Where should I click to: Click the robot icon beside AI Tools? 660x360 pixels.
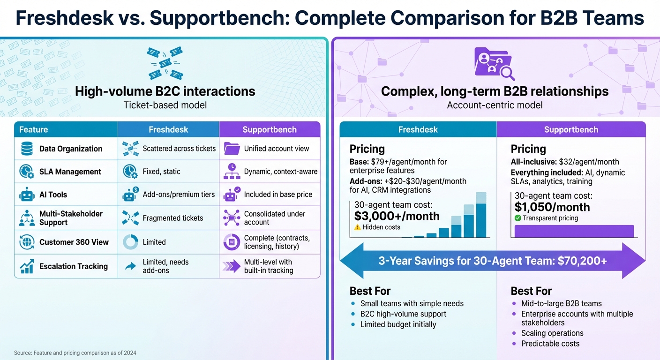(26, 195)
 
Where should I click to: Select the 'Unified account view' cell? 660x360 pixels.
(276, 149)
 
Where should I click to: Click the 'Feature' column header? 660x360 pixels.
(33, 129)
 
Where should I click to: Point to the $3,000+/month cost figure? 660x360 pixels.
(397, 216)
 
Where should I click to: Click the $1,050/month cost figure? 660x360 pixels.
(552, 207)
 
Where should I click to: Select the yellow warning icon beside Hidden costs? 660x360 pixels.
(358, 227)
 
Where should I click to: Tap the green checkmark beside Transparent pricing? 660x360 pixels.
(517, 218)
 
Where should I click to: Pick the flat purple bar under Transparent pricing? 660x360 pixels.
(574, 231)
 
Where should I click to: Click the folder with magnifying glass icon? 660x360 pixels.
(494, 63)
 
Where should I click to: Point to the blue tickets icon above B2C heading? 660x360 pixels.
(165, 63)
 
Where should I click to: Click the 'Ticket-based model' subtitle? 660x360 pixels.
(165, 105)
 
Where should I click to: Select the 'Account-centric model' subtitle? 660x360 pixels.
(495, 105)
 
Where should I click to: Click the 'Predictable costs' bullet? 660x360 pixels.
(550, 344)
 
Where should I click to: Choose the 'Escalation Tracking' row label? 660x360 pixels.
(73, 266)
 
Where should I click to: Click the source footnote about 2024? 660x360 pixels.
(75, 352)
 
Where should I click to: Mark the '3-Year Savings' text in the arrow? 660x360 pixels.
(492, 261)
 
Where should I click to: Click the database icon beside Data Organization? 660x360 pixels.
(26, 149)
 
